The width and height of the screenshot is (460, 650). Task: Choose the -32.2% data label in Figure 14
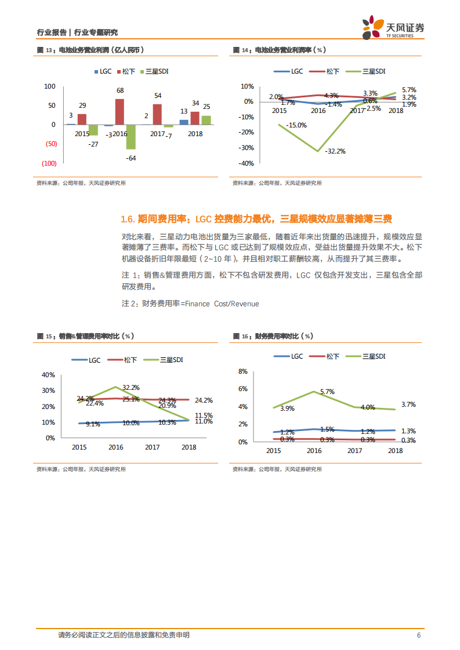click(335, 151)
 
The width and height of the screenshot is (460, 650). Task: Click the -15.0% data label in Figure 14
click(296, 125)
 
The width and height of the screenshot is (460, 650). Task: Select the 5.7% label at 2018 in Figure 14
click(409, 90)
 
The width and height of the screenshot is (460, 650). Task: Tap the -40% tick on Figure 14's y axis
click(247, 163)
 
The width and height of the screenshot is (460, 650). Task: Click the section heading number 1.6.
click(128, 219)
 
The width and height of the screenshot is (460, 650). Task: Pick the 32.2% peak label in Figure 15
click(131, 387)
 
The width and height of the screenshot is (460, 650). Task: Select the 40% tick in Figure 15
click(48, 374)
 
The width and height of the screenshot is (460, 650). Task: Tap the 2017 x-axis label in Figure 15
click(152, 447)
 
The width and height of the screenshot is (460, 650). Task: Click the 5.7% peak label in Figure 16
click(327, 392)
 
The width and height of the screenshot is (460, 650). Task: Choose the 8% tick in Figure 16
click(243, 371)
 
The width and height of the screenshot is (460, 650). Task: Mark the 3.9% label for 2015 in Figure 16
click(287, 408)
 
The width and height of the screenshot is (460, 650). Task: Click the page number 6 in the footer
click(419, 635)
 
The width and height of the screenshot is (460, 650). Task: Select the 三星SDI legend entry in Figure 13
click(156, 71)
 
